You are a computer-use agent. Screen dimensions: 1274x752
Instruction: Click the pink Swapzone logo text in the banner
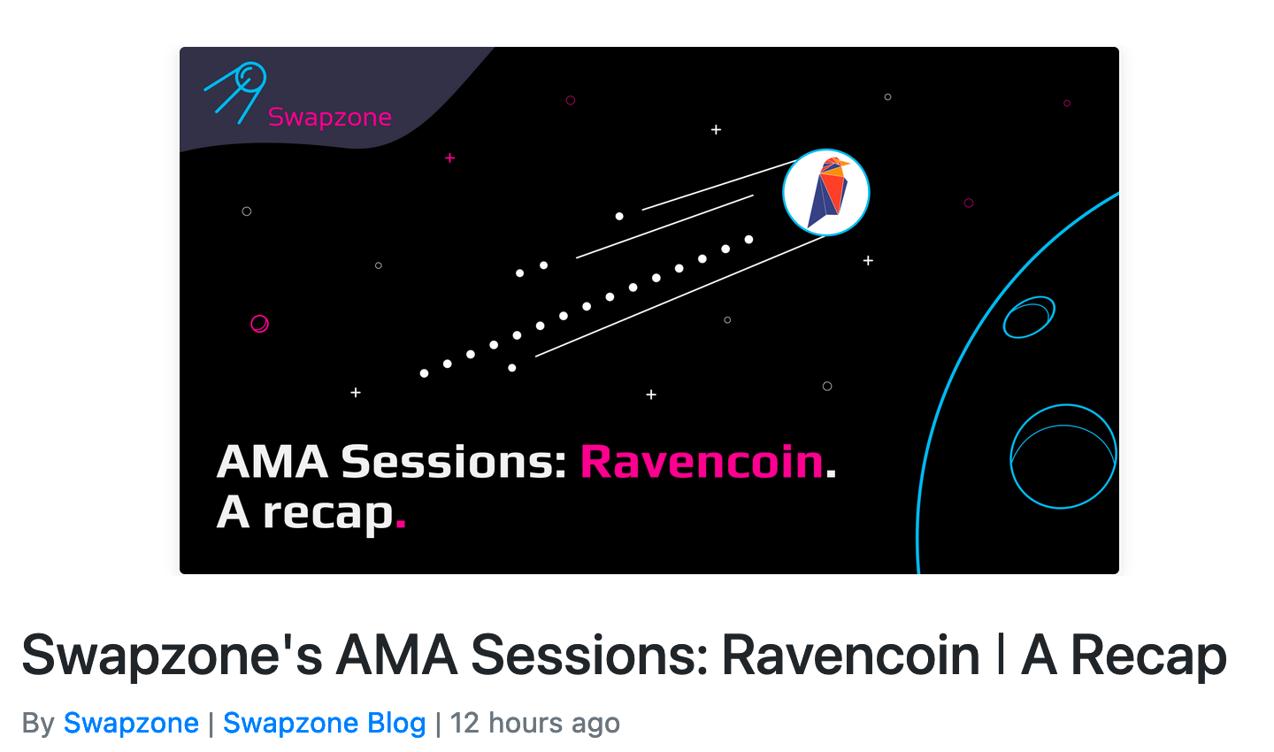[x=329, y=117]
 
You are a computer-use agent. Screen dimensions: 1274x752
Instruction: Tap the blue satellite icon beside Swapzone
[x=236, y=92]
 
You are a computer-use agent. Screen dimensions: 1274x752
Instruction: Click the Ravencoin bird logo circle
[x=825, y=192]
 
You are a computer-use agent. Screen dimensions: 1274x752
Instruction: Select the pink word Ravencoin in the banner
[x=702, y=462]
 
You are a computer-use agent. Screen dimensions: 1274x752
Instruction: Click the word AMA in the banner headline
[x=272, y=462]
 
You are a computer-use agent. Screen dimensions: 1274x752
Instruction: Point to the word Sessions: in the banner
[x=453, y=462]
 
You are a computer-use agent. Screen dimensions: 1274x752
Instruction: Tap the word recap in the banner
[x=328, y=514]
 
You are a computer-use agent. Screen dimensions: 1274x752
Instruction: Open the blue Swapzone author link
[x=131, y=723]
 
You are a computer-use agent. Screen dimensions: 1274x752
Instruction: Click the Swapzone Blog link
[x=324, y=723]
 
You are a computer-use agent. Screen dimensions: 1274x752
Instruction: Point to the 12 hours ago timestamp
[x=534, y=723]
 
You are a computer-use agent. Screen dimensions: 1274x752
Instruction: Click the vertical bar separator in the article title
[x=1001, y=654]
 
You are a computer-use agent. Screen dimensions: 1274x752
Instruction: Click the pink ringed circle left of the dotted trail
[x=259, y=324]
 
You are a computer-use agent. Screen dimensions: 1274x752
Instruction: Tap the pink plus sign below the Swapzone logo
[x=449, y=158]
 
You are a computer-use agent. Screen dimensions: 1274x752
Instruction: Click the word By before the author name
[x=38, y=724]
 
